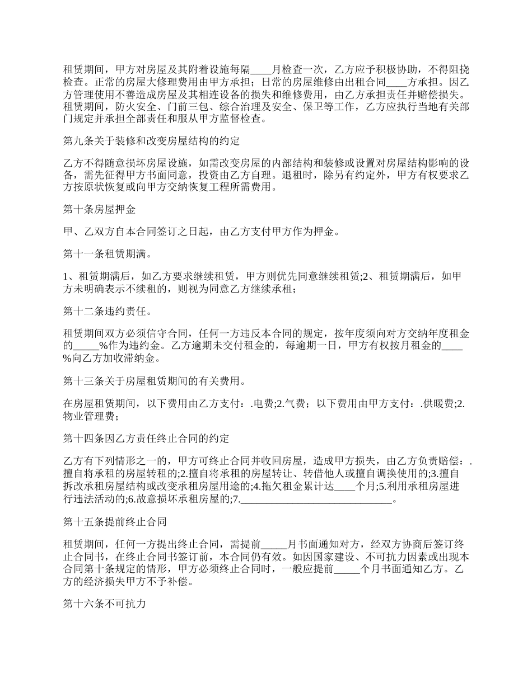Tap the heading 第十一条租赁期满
click(x=108, y=255)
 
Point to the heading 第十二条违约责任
click(x=108, y=311)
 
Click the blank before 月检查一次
click(x=262, y=70)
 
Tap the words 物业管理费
click(x=88, y=416)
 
